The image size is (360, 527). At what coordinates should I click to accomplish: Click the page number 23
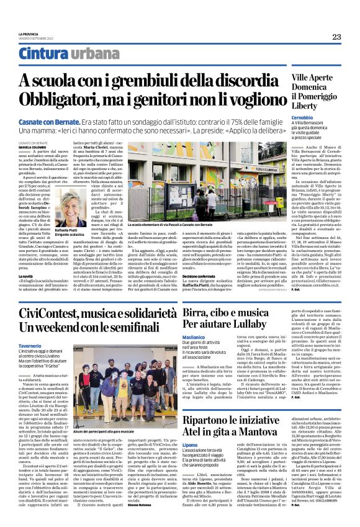336,37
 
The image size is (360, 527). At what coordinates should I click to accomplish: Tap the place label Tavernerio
30,345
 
